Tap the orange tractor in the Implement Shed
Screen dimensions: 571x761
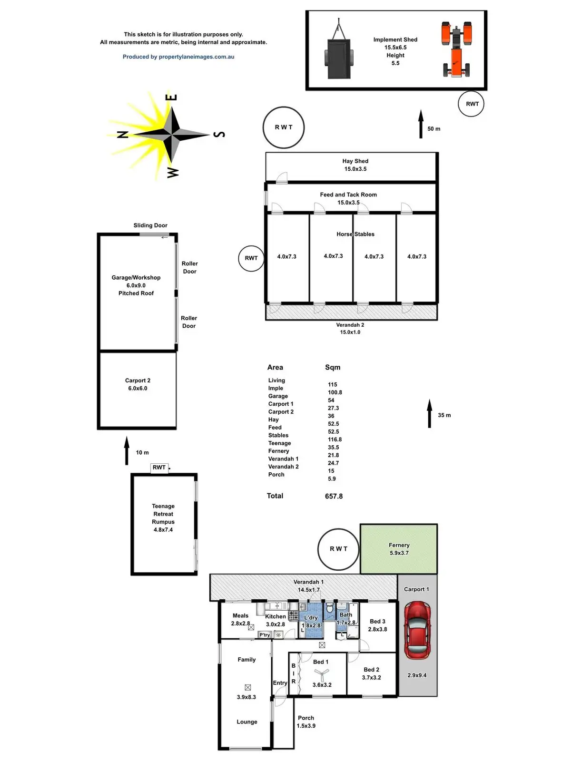pos(457,49)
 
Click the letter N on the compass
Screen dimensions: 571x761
pos(123,135)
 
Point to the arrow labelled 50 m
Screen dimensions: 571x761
pos(421,124)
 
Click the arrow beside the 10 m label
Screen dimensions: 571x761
pos(127,450)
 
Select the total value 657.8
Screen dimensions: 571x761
pos(334,496)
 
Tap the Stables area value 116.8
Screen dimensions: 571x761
pos(335,439)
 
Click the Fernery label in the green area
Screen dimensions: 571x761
pos(399,545)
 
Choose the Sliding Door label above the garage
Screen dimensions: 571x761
pos(150,225)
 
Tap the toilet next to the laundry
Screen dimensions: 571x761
pos(329,607)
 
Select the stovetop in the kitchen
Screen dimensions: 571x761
pos(293,615)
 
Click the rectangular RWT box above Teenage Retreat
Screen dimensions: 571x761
pos(159,468)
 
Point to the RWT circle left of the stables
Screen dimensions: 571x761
pos(251,258)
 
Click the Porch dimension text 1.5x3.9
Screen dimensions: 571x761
pos(306,726)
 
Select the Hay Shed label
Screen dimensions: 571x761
pos(355,161)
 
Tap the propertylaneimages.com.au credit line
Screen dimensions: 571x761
pos(178,57)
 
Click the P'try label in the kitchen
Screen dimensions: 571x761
pos(265,634)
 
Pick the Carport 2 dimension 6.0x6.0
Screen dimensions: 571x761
pos(138,388)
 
